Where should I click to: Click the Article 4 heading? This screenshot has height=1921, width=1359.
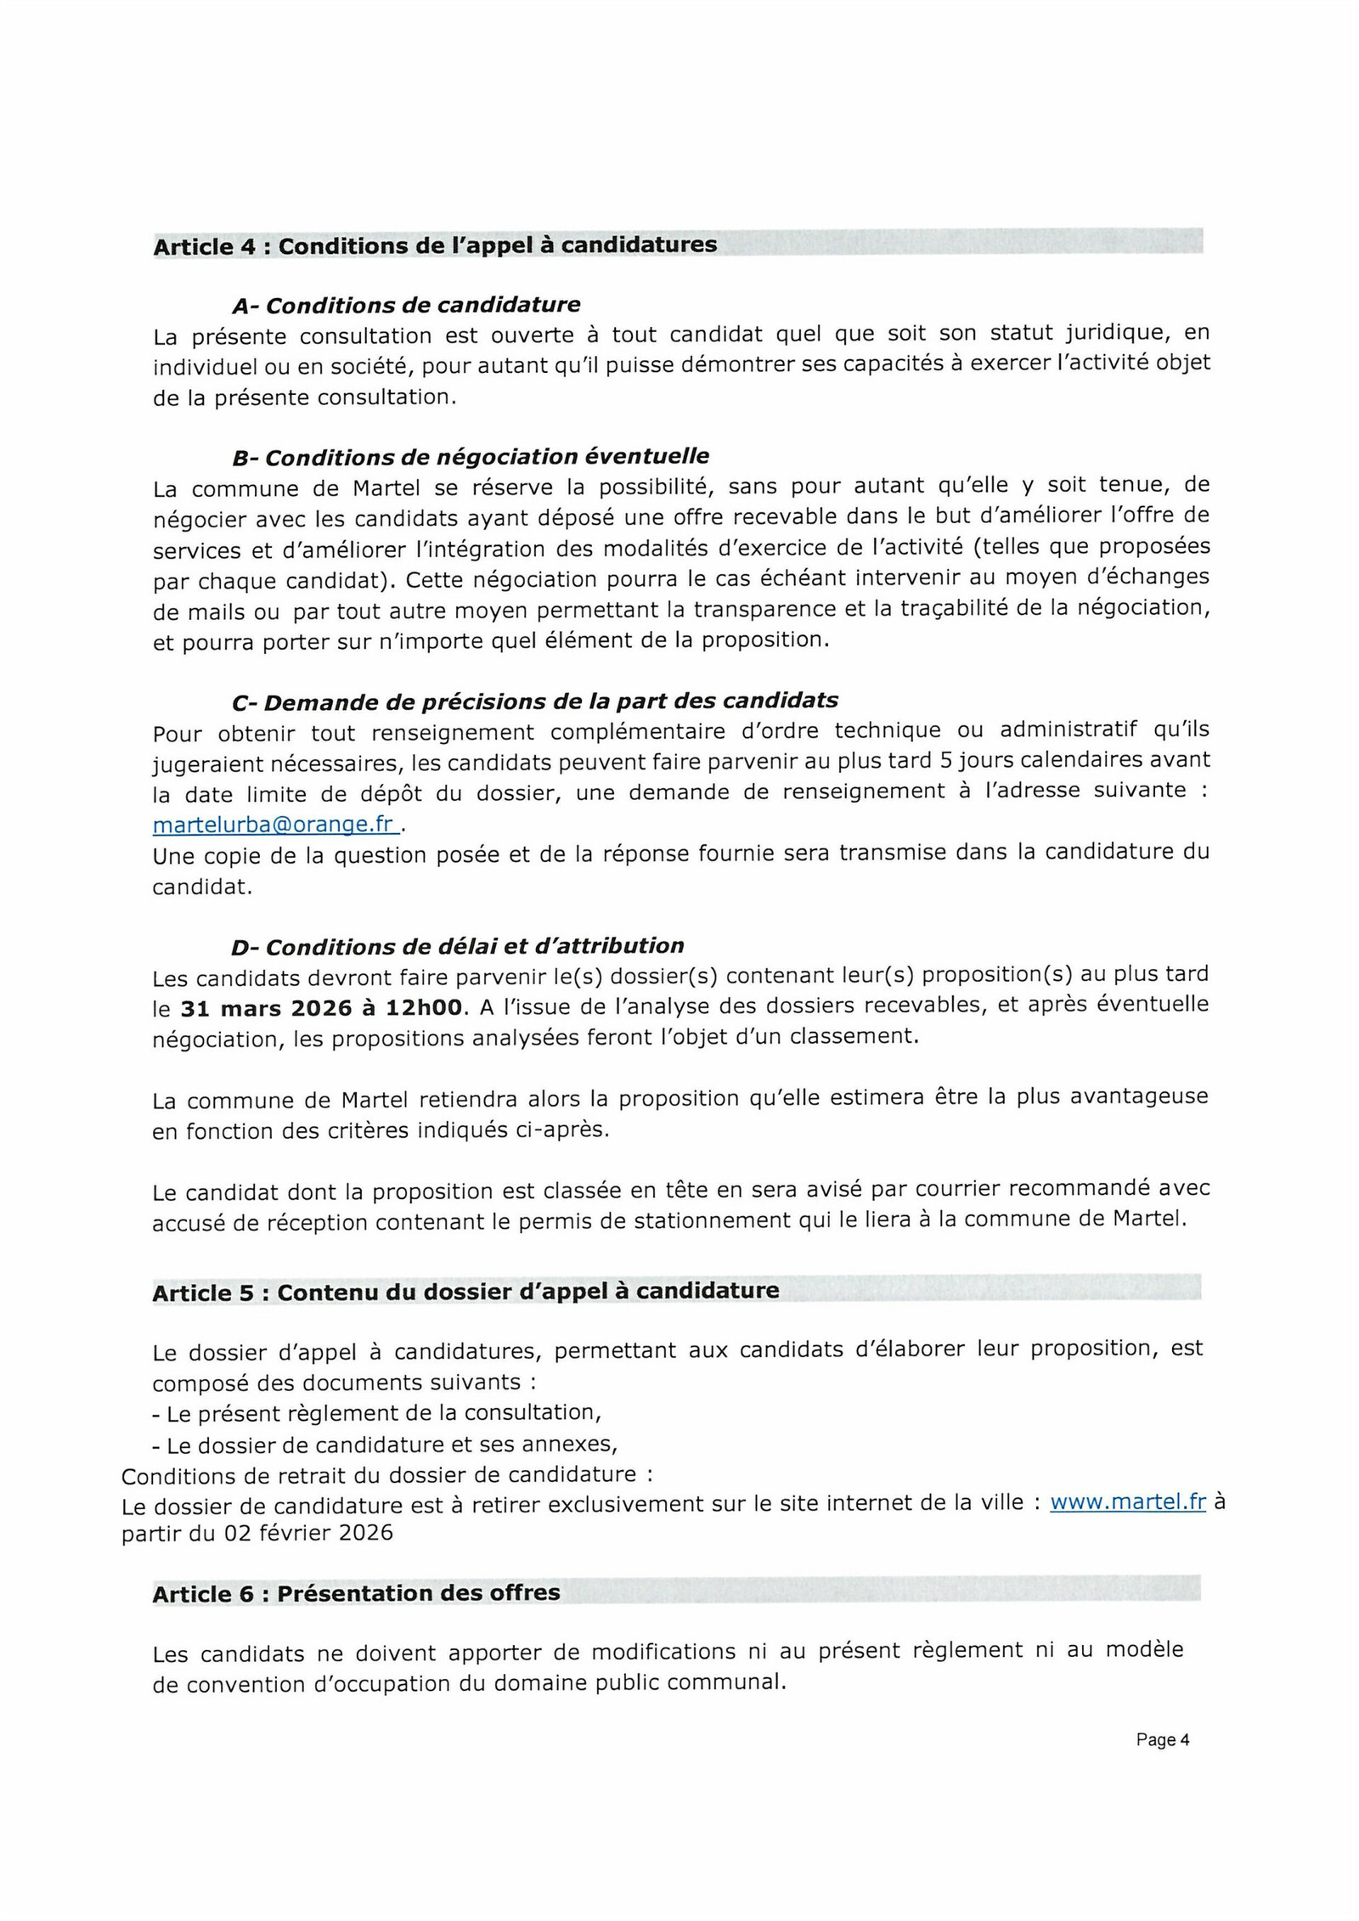[x=435, y=246]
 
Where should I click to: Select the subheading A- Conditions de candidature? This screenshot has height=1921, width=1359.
[x=406, y=305]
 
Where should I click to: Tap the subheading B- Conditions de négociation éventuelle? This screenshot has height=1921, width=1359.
[x=471, y=457]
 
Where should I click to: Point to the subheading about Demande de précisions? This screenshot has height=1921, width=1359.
[x=534, y=701]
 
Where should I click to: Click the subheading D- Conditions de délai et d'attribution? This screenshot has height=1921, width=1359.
[x=458, y=946]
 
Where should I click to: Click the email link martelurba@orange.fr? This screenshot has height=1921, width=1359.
[x=273, y=825]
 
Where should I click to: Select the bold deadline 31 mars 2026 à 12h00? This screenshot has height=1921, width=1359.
[x=322, y=1008]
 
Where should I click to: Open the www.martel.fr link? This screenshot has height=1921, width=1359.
[x=1127, y=1501]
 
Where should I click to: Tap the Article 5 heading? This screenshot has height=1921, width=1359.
[x=465, y=1292]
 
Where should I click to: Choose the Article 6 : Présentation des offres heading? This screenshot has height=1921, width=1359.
[x=356, y=1593]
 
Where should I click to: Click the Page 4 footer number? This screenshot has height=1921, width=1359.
[x=1162, y=1739]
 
